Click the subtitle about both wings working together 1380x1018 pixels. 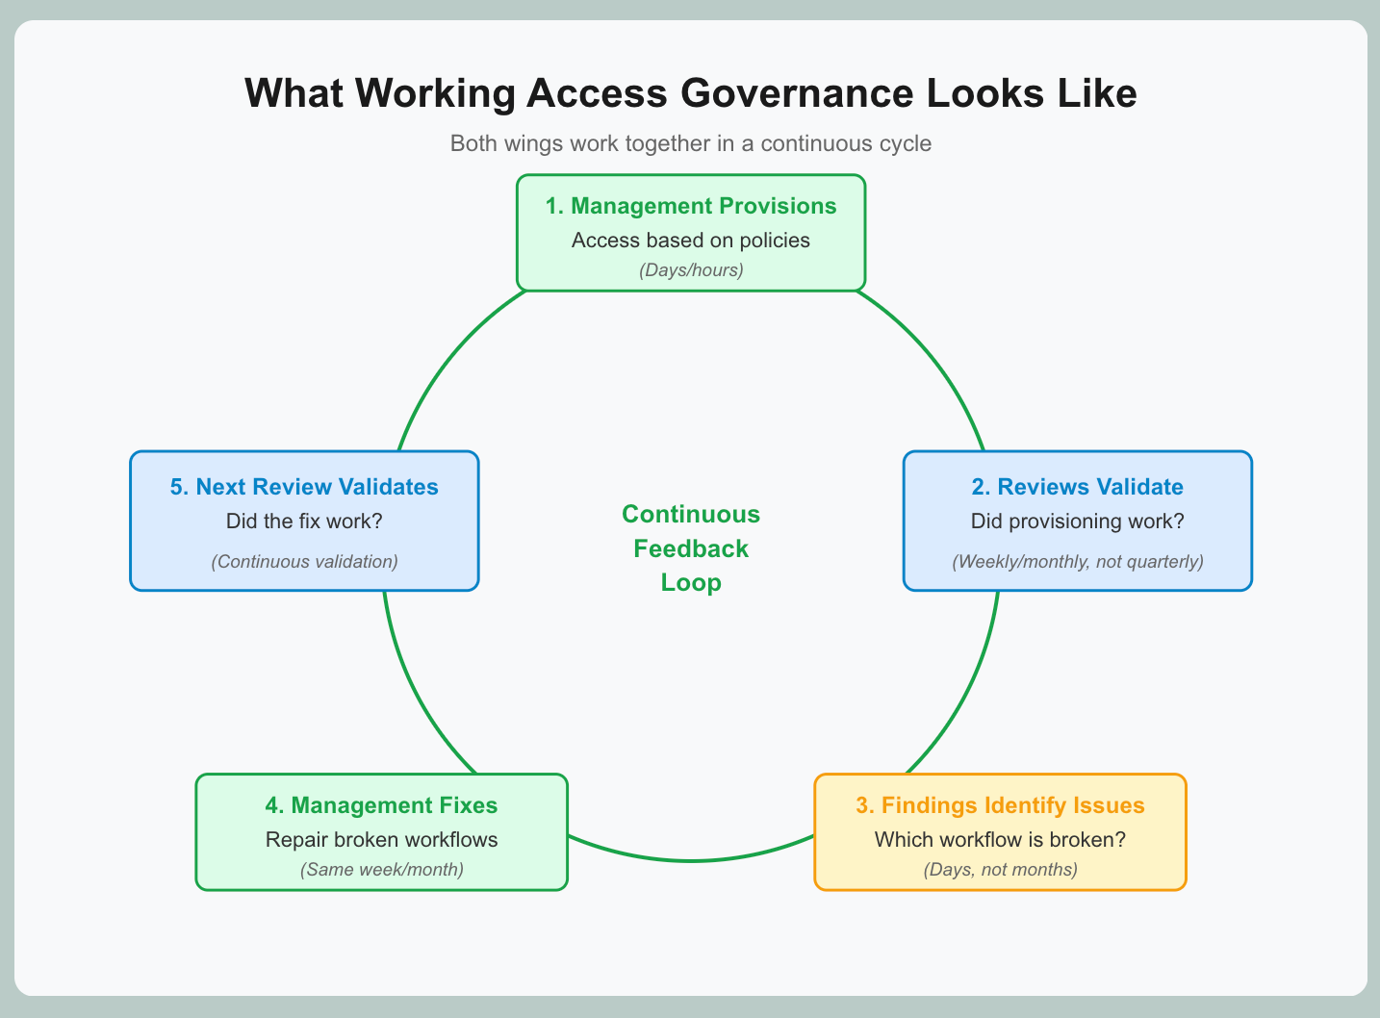coord(690,144)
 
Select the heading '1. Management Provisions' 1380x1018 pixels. coord(690,206)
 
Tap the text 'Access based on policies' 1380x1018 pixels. coord(690,240)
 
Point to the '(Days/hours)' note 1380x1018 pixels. coord(690,269)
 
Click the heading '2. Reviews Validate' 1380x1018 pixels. coord(1077,487)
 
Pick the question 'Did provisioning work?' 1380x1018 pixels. coord(1077,522)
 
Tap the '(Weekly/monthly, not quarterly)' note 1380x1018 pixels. coord(1077,561)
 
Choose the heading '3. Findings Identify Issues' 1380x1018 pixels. coord(1000,805)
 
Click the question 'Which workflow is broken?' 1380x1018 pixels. coord(1000,839)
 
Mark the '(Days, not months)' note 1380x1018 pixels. coord(1000,870)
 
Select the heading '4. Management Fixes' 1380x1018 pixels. coord(381,805)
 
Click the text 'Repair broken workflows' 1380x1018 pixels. coord(381,839)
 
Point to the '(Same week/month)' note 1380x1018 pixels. coord(381,870)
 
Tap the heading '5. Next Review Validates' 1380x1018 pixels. coord(304,487)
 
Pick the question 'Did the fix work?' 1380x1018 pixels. coord(304,522)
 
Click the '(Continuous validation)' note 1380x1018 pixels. coord(304,561)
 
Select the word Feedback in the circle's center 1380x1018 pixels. coord(690,548)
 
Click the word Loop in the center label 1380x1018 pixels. coord(690,582)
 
